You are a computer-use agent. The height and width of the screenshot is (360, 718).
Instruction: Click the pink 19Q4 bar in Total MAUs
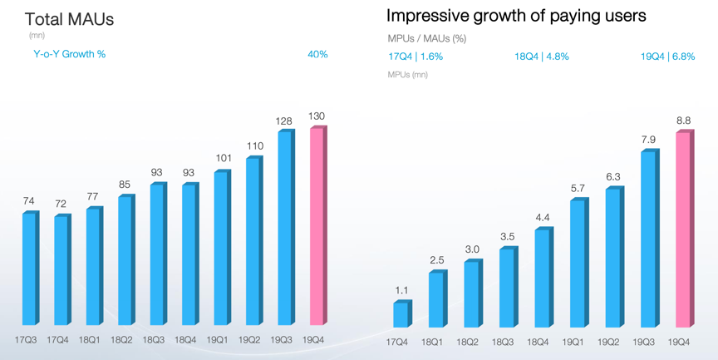coord(317,226)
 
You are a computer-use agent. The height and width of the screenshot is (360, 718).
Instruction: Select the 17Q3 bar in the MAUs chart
coord(29,269)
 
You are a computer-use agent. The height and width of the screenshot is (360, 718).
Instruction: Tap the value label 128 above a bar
coord(284,121)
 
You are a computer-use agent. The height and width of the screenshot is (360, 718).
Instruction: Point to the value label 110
coord(253,146)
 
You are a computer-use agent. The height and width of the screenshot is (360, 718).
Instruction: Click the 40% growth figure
coord(317,54)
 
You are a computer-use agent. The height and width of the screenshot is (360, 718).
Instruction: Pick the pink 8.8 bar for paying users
coord(682,229)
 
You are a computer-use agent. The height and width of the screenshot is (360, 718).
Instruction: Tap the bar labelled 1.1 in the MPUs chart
coord(401,313)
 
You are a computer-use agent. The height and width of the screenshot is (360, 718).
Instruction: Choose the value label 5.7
coord(577,189)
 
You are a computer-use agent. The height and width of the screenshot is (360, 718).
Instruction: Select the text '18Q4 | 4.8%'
coord(541,57)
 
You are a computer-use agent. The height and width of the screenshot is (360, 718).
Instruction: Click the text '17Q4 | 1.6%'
coord(416,57)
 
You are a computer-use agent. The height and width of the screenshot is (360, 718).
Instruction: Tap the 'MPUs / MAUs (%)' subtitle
coord(427,39)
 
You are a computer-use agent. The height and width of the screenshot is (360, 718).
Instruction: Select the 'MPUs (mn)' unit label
coord(408,75)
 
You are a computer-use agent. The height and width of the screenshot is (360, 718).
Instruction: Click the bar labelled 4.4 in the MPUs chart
coord(541,277)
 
